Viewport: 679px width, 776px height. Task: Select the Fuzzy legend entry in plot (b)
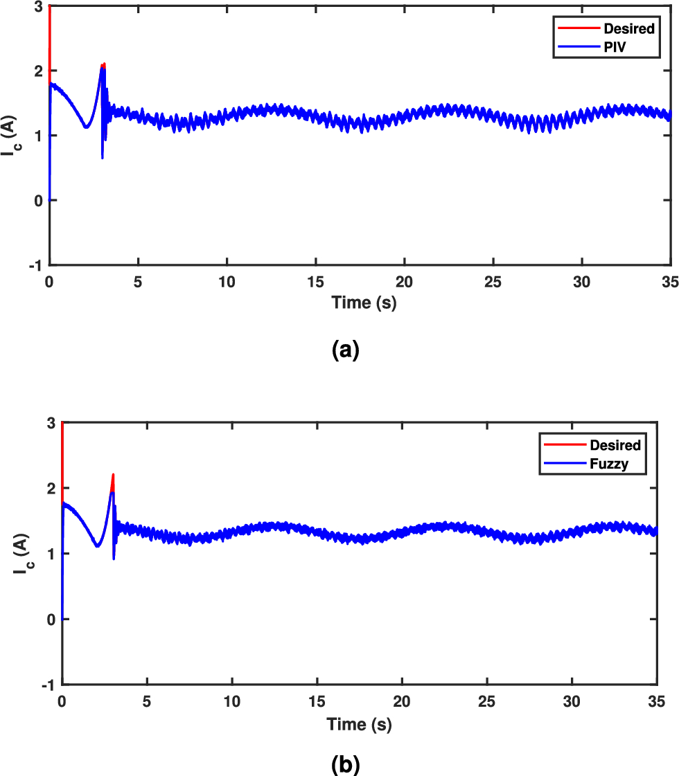[x=608, y=464]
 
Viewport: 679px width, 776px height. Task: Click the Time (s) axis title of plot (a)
[x=364, y=303]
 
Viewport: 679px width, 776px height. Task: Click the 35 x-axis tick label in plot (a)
[x=670, y=282]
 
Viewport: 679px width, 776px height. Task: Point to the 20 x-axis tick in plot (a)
[x=405, y=282]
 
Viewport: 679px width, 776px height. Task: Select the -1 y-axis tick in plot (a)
[x=35, y=265]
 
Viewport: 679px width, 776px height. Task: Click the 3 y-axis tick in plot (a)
[x=38, y=7]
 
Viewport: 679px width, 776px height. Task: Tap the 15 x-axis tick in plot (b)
[x=317, y=702]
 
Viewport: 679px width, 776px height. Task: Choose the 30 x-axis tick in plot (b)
[x=572, y=702]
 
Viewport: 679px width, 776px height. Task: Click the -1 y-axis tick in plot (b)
[x=47, y=684]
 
